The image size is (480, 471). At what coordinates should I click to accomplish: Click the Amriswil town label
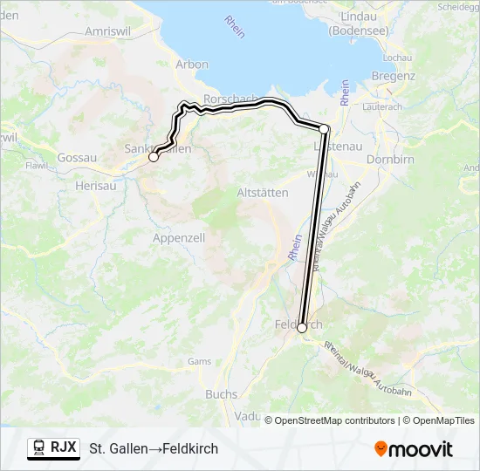coord(106,31)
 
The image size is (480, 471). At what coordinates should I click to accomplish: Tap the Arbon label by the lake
coord(192,64)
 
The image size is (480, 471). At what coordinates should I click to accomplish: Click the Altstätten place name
coord(263,193)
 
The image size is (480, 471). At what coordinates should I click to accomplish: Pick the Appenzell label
coord(178,237)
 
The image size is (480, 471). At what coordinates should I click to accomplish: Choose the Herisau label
coord(95,186)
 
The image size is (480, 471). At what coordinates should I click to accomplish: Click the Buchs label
coord(221,394)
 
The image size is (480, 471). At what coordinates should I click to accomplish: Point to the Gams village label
coord(199,361)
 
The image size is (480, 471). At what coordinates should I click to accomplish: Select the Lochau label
coord(396,58)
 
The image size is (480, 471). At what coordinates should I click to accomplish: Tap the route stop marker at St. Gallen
coord(154,157)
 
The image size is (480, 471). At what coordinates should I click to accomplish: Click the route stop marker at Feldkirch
coord(302,328)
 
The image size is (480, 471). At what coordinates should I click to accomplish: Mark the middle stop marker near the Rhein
coord(324,129)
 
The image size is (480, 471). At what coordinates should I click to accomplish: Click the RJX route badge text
coord(63,447)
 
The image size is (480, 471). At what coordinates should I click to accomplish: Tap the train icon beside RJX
coord(39,447)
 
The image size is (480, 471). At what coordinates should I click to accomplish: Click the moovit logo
coord(414,449)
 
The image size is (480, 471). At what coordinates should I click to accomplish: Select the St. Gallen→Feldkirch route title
coord(154,448)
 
